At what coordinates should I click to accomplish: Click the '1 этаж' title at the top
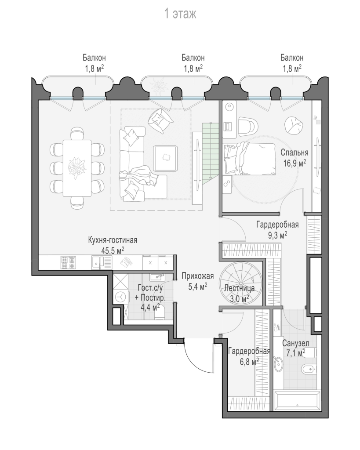coord(180,14)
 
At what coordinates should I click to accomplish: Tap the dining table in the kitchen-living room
coord(77,168)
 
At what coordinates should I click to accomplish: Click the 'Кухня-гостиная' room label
coord(113,240)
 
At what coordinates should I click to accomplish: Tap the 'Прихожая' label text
coord(198,276)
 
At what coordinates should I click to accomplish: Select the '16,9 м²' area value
coord(295,163)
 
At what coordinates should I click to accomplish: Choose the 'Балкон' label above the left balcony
coord(94,58)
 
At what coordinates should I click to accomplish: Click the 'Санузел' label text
coord(296,343)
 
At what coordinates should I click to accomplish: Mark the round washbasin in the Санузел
coord(278,364)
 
